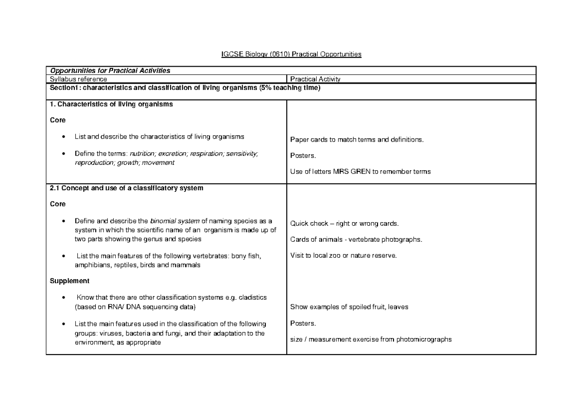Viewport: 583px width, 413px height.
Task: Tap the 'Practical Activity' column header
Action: point(315,79)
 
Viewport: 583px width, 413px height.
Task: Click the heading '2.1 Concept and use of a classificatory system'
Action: point(127,188)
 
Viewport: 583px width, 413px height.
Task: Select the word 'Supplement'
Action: point(70,281)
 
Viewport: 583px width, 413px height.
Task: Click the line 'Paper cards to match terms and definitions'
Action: point(357,140)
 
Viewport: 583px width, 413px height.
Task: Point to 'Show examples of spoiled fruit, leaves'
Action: point(349,307)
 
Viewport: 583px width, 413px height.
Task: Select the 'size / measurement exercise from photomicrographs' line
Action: point(371,340)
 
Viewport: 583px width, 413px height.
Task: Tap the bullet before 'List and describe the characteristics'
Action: point(64,137)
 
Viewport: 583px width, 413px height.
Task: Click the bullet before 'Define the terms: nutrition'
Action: point(64,154)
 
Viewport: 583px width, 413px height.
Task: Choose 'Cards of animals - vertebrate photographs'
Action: point(356,240)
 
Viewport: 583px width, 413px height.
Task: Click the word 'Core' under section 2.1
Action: point(58,204)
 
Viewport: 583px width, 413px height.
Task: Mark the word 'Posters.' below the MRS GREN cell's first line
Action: point(303,156)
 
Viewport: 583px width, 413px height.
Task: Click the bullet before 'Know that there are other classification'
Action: point(64,298)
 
